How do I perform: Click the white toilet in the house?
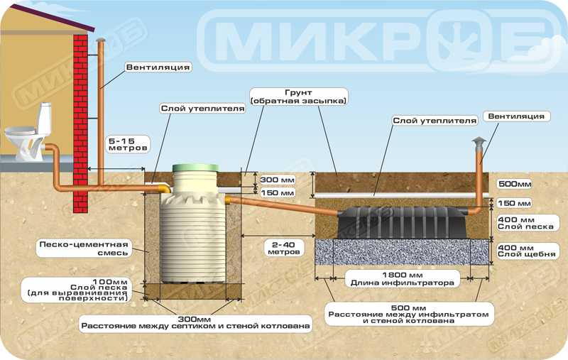pos(27,134)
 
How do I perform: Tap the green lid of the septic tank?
pos(196,168)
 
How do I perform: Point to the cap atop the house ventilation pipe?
pos(101,40)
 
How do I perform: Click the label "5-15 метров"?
pos(128,144)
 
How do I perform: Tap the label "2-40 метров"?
pos(283,248)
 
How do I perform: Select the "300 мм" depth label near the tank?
pos(278,180)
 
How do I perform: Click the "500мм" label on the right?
pos(515,184)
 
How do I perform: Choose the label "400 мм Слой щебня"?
pos(526,251)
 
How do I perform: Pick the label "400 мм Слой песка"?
pos(525,223)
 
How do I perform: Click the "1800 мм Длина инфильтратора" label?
pos(402,279)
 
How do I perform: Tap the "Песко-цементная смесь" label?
pos(84,249)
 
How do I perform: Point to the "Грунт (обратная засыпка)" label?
pos(298,97)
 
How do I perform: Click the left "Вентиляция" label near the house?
pos(158,67)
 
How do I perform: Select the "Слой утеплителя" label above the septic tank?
pos(202,109)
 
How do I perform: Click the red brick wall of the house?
pos(80,123)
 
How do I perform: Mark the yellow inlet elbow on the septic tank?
pos(165,188)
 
